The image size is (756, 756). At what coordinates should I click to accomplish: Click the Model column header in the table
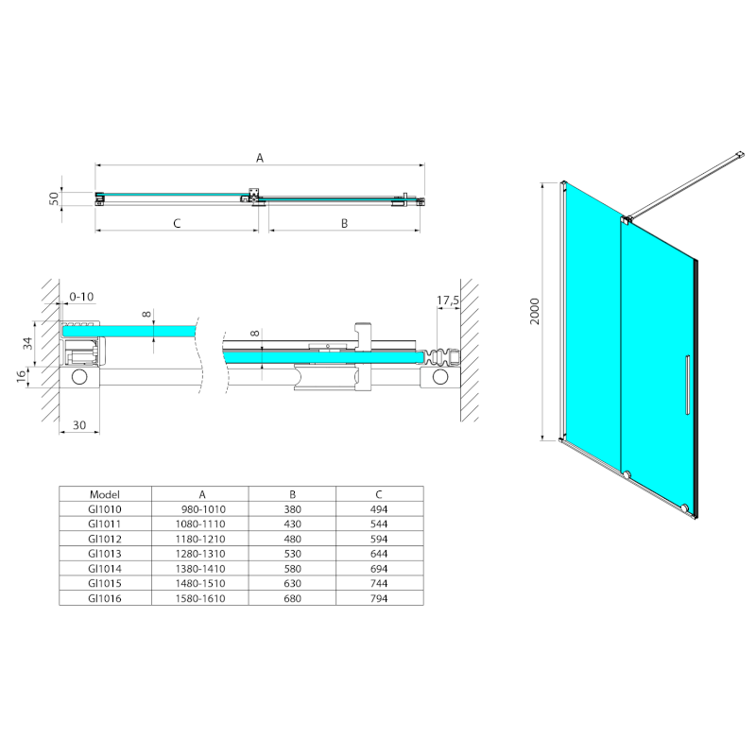coord(105,494)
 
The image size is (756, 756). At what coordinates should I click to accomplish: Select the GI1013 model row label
coord(105,554)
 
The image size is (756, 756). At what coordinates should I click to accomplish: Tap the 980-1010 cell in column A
coord(203,509)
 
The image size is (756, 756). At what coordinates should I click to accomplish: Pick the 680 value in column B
coord(293,598)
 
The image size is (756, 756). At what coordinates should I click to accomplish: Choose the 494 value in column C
coord(379,509)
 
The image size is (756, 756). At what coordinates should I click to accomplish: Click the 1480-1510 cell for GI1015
coord(200,583)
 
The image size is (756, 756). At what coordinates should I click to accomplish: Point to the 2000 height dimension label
coord(535,312)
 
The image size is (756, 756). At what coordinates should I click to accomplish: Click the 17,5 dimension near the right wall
coord(448,301)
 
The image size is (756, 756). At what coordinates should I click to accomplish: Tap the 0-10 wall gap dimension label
coord(81,297)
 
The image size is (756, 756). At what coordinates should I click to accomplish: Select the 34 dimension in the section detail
coord(28,343)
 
